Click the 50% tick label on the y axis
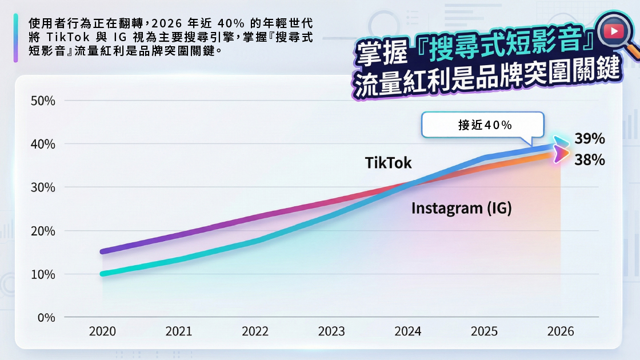point(43,101)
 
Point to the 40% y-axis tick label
point(43,145)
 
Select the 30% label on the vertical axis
point(43,188)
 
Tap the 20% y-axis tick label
point(43,231)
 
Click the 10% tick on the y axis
point(43,275)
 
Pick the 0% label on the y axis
point(46,318)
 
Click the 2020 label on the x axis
point(102,332)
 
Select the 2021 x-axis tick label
point(179,332)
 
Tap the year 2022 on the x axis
point(255,332)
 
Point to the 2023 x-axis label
point(331,332)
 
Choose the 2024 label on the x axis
point(408,332)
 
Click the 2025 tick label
point(484,332)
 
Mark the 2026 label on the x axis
point(561,332)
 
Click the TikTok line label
point(389,163)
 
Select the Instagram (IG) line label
point(461,208)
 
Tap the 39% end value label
point(590,139)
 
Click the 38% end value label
point(590,160)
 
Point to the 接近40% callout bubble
point(483,125)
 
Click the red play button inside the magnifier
point(613,31)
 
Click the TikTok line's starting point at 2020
point(103,274)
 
